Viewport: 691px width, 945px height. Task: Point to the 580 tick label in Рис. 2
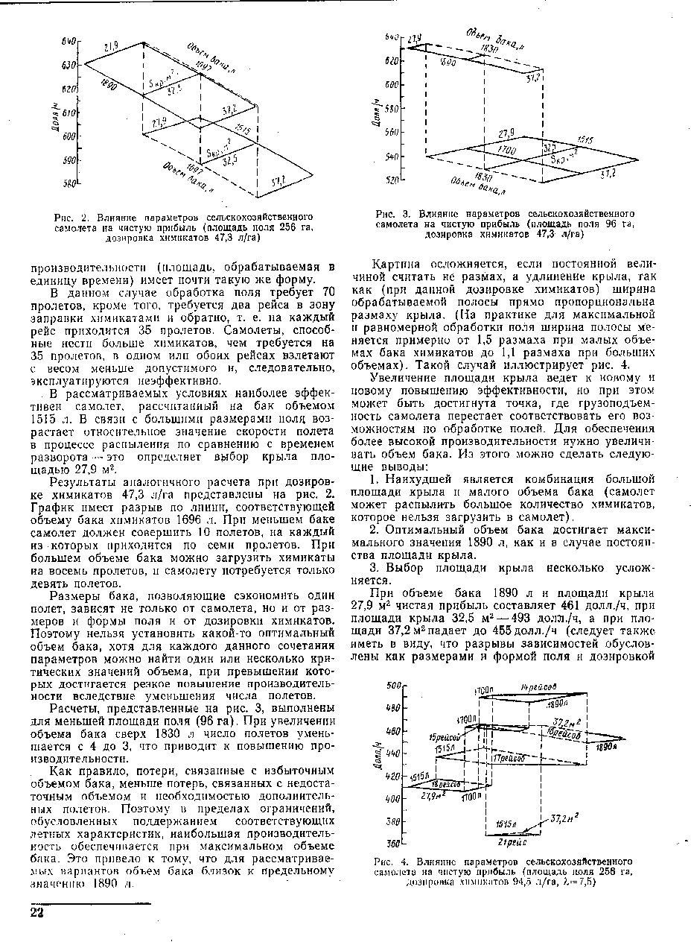tap(69, 183)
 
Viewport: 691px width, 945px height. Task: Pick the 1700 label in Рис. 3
tap(506, 151)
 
